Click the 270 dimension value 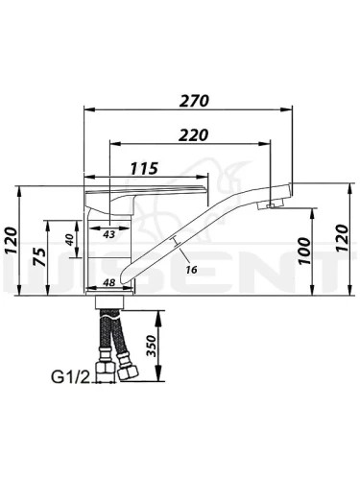(194, 101)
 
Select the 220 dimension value (193, 135)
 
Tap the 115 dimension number (144, 168)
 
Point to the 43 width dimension (108, 234)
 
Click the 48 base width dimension (109, 282)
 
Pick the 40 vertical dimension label (70, 239)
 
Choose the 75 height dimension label (40, 257)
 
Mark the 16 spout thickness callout (191, 270)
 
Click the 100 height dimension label (304, 252)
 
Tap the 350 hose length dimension (151, 346)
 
